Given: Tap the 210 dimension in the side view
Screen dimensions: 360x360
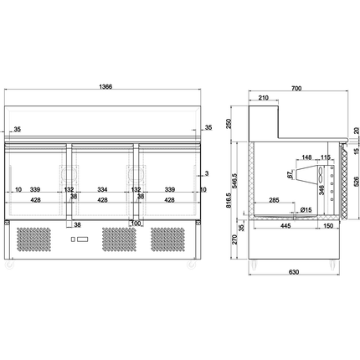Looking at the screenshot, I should tap(264, 99).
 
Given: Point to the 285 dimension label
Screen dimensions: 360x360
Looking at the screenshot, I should tap(275, 201).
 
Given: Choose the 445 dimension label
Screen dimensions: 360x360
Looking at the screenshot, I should tap(285, 226).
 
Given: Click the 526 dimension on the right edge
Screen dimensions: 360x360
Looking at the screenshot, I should tap(355, 179).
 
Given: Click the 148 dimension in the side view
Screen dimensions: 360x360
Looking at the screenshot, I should tap(306, 157).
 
